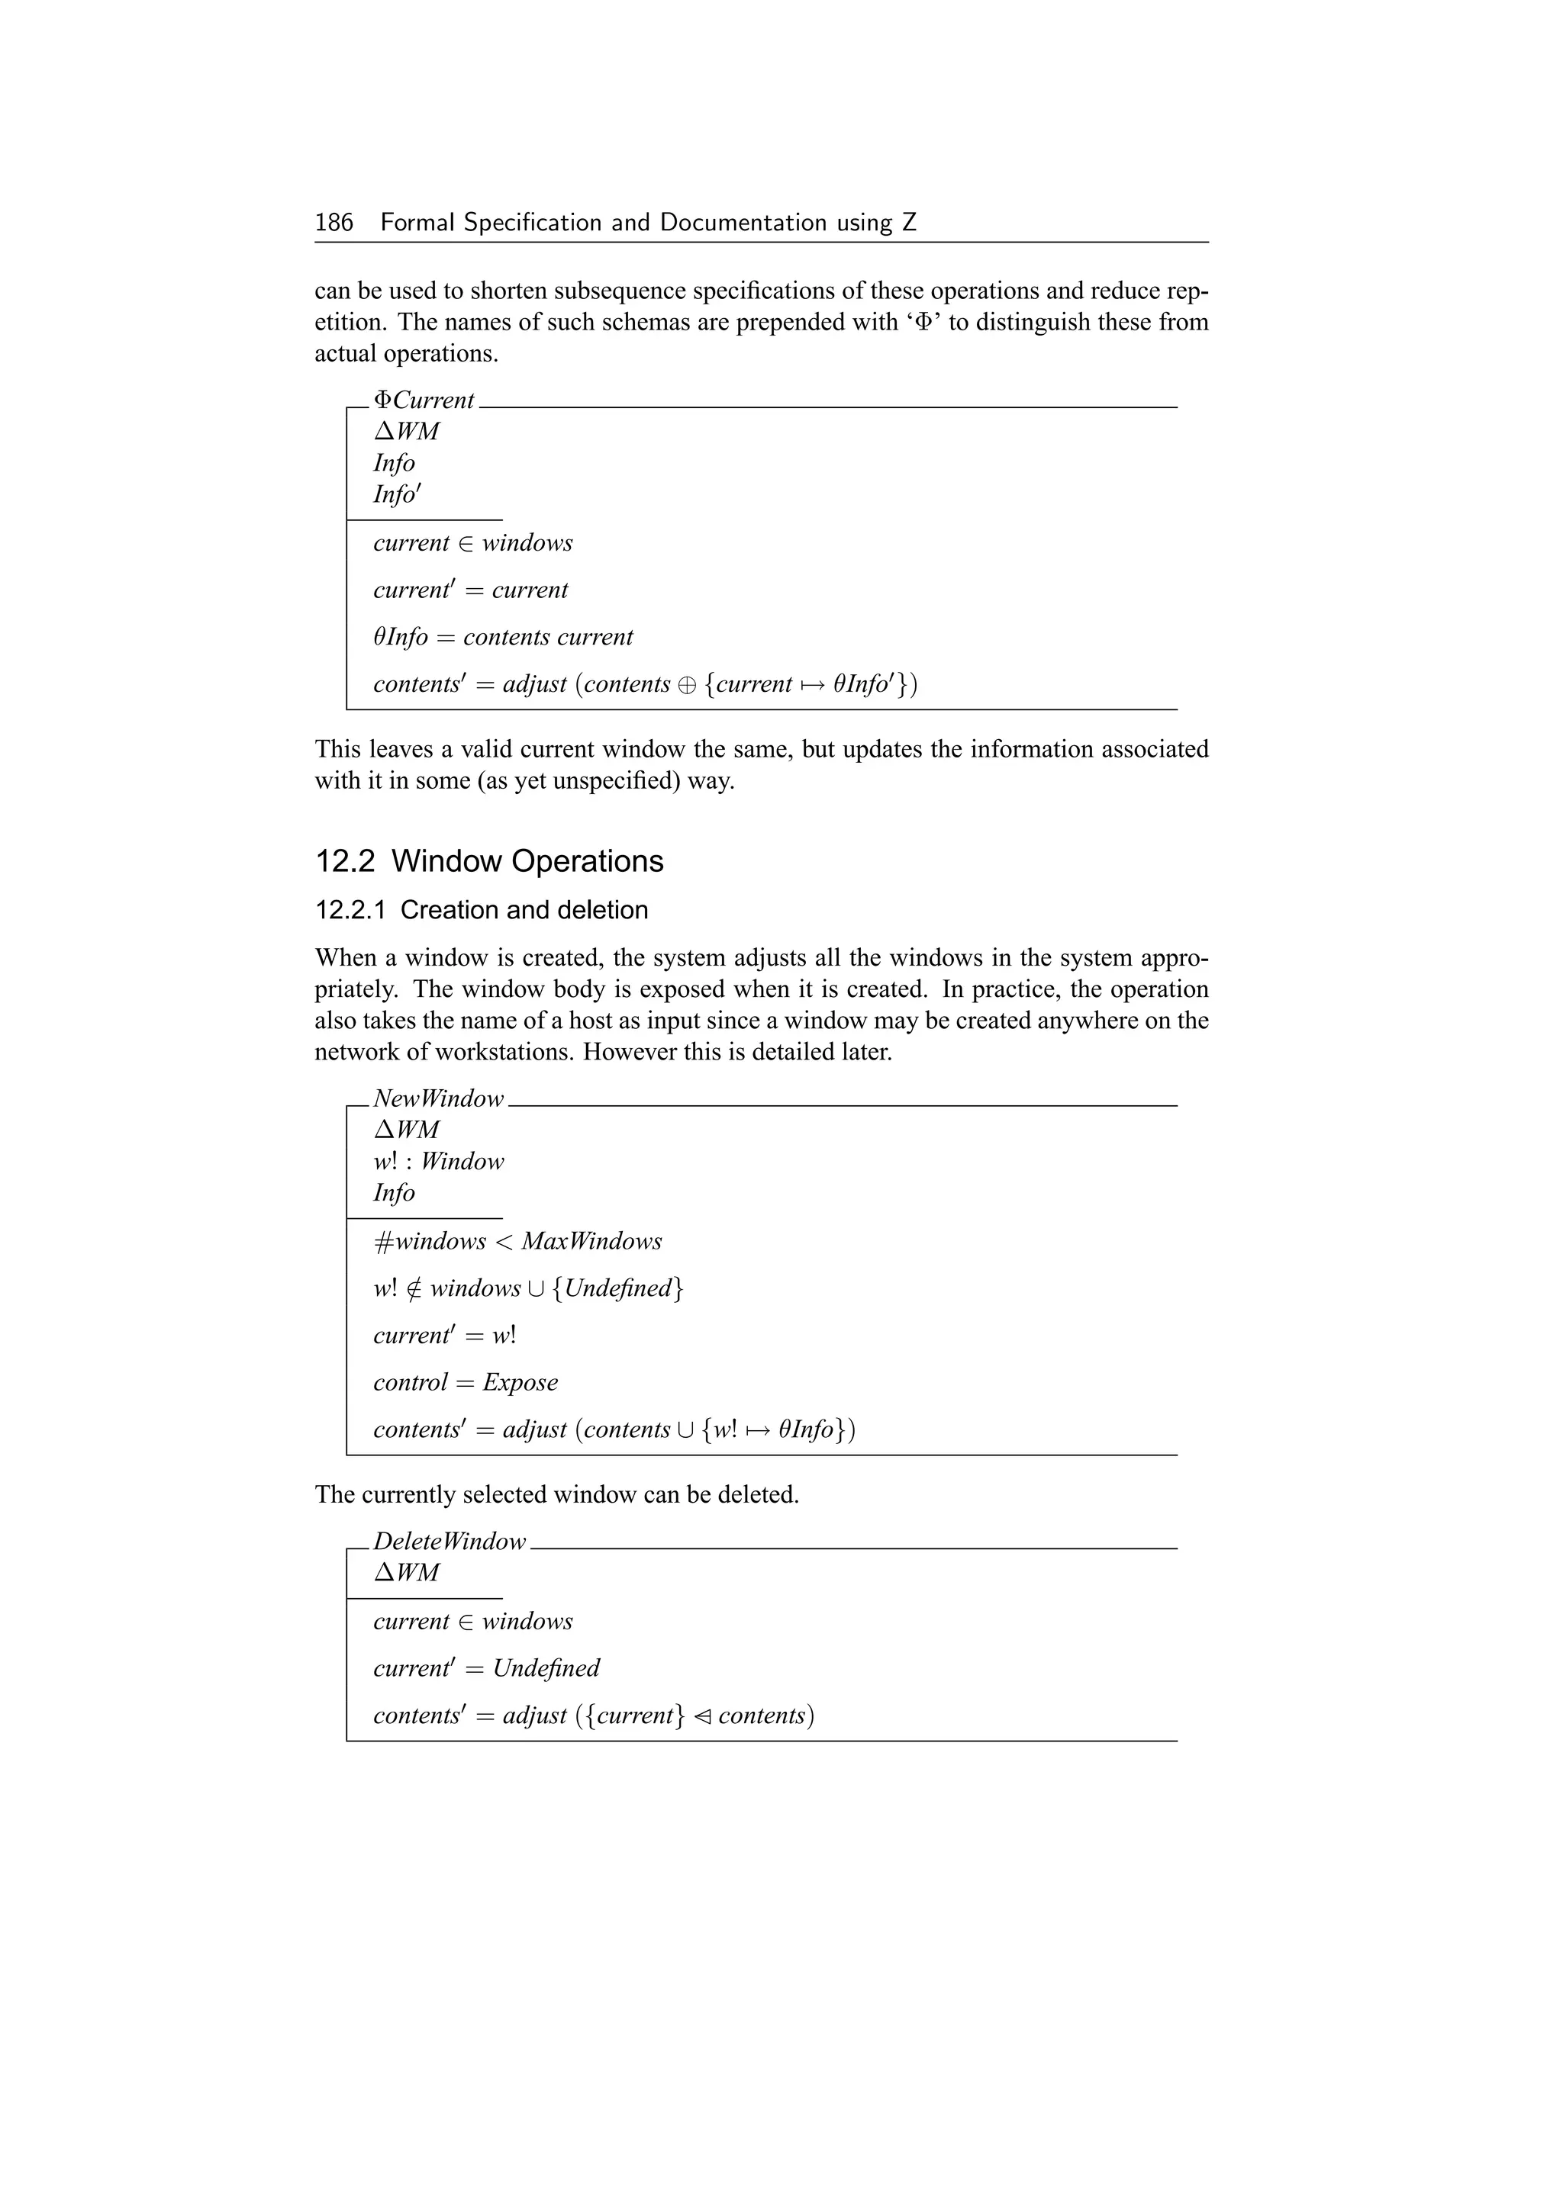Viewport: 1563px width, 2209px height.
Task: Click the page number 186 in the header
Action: [x=334, y=223]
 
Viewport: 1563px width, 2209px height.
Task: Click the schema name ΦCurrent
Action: [x=424, y=400]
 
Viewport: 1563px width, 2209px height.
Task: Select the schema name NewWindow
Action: [x=438, y=1098]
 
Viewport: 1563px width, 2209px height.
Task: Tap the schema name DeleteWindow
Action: [x=450, y=1542]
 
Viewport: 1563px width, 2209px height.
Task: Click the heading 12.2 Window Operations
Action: [x=489, y=861]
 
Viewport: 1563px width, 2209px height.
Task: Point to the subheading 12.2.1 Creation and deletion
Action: [x=482, y=910]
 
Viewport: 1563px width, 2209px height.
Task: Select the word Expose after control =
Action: [x=520, y=1383]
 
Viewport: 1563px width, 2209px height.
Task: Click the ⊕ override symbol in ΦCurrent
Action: [x=687, y=685]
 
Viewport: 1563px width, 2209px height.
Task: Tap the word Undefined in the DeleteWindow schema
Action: [x=546, y=1668]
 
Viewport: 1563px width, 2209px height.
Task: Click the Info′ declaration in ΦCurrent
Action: [x=397, y=494]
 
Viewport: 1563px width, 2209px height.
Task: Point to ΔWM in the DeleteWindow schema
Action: [x=406, y=1573]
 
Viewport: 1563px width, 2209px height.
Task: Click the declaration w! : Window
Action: [x=438, y=1162]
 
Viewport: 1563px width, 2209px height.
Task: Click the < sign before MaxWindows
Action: [x=504, y=1242]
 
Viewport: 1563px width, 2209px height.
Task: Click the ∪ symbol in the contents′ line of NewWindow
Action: [x=685, y=1431]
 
